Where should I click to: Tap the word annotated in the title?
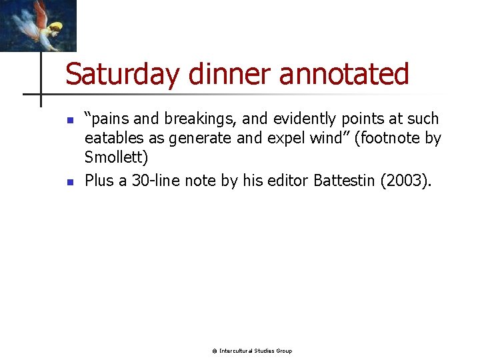(x=343, y=74)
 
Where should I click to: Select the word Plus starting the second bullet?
(x=99, y=180)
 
